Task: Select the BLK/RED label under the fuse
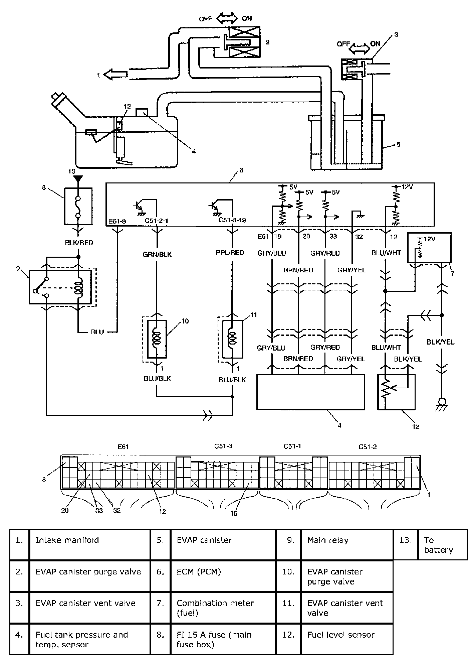(x=79, y=243)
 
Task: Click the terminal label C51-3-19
(x=232, y=221)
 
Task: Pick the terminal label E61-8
(x=117, y=221)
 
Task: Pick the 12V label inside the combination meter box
(x=430, y=240)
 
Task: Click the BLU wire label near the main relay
(x=98, y=332)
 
